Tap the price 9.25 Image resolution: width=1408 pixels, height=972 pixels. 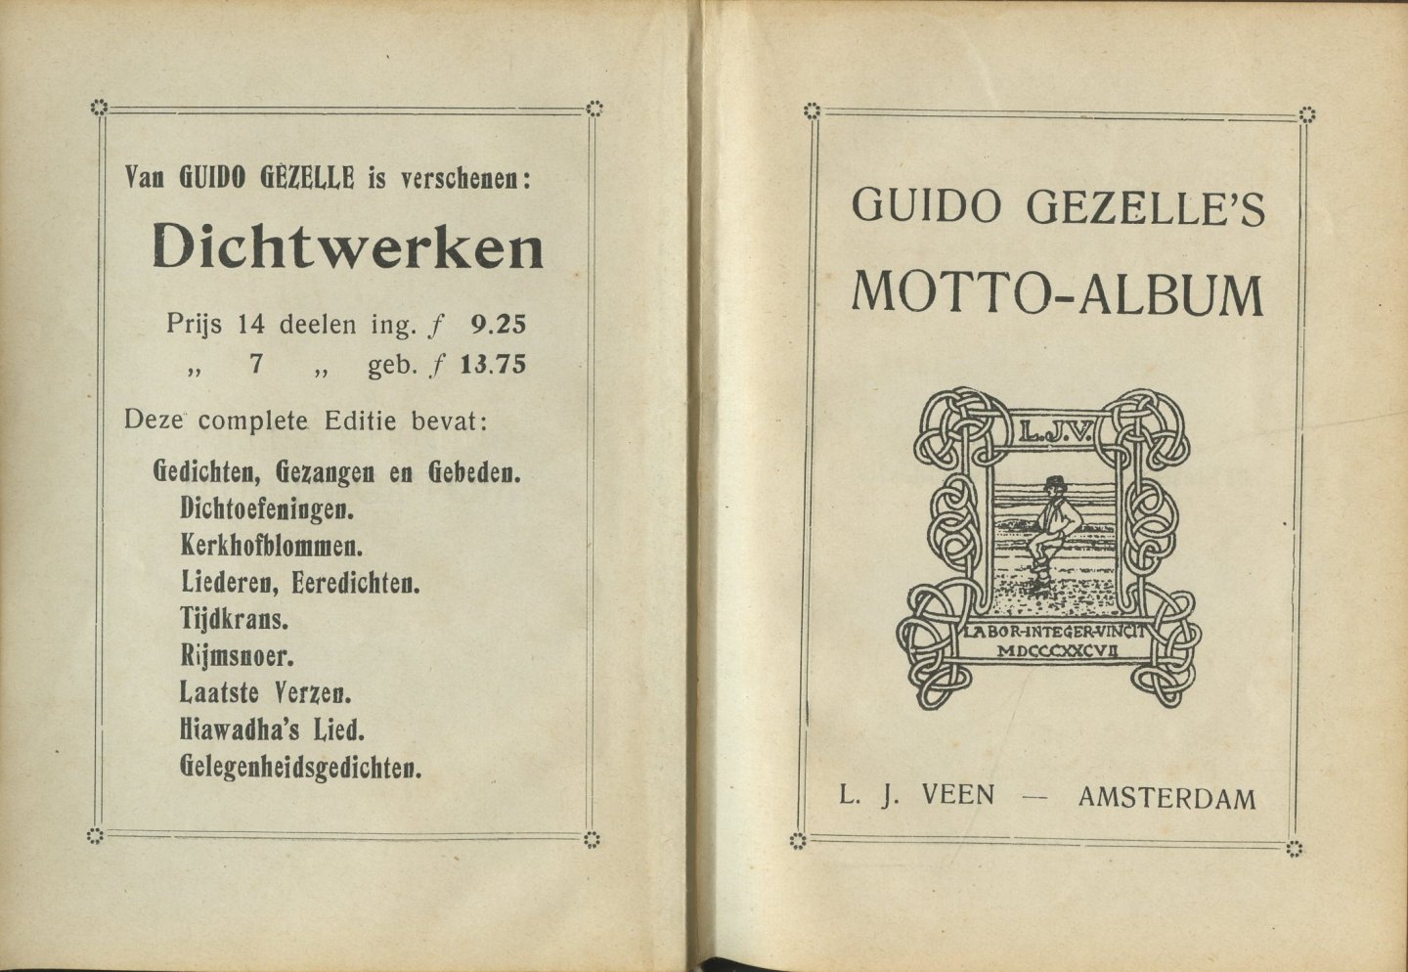pyautogui.click(x=498, y=323)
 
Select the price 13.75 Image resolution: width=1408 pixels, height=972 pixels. pyautogui.click(x=493, y=365)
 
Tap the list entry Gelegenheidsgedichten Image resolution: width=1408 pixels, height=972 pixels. pyautogui.click(x=301, y=768)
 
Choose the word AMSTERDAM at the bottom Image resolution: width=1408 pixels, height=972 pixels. pyautogui.click(x=1166, y=799)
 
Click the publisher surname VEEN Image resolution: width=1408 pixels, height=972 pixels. pyautogui.click(x=957, y=796)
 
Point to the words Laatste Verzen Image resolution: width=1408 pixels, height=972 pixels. pyautogui.click(x=265, y=693)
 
